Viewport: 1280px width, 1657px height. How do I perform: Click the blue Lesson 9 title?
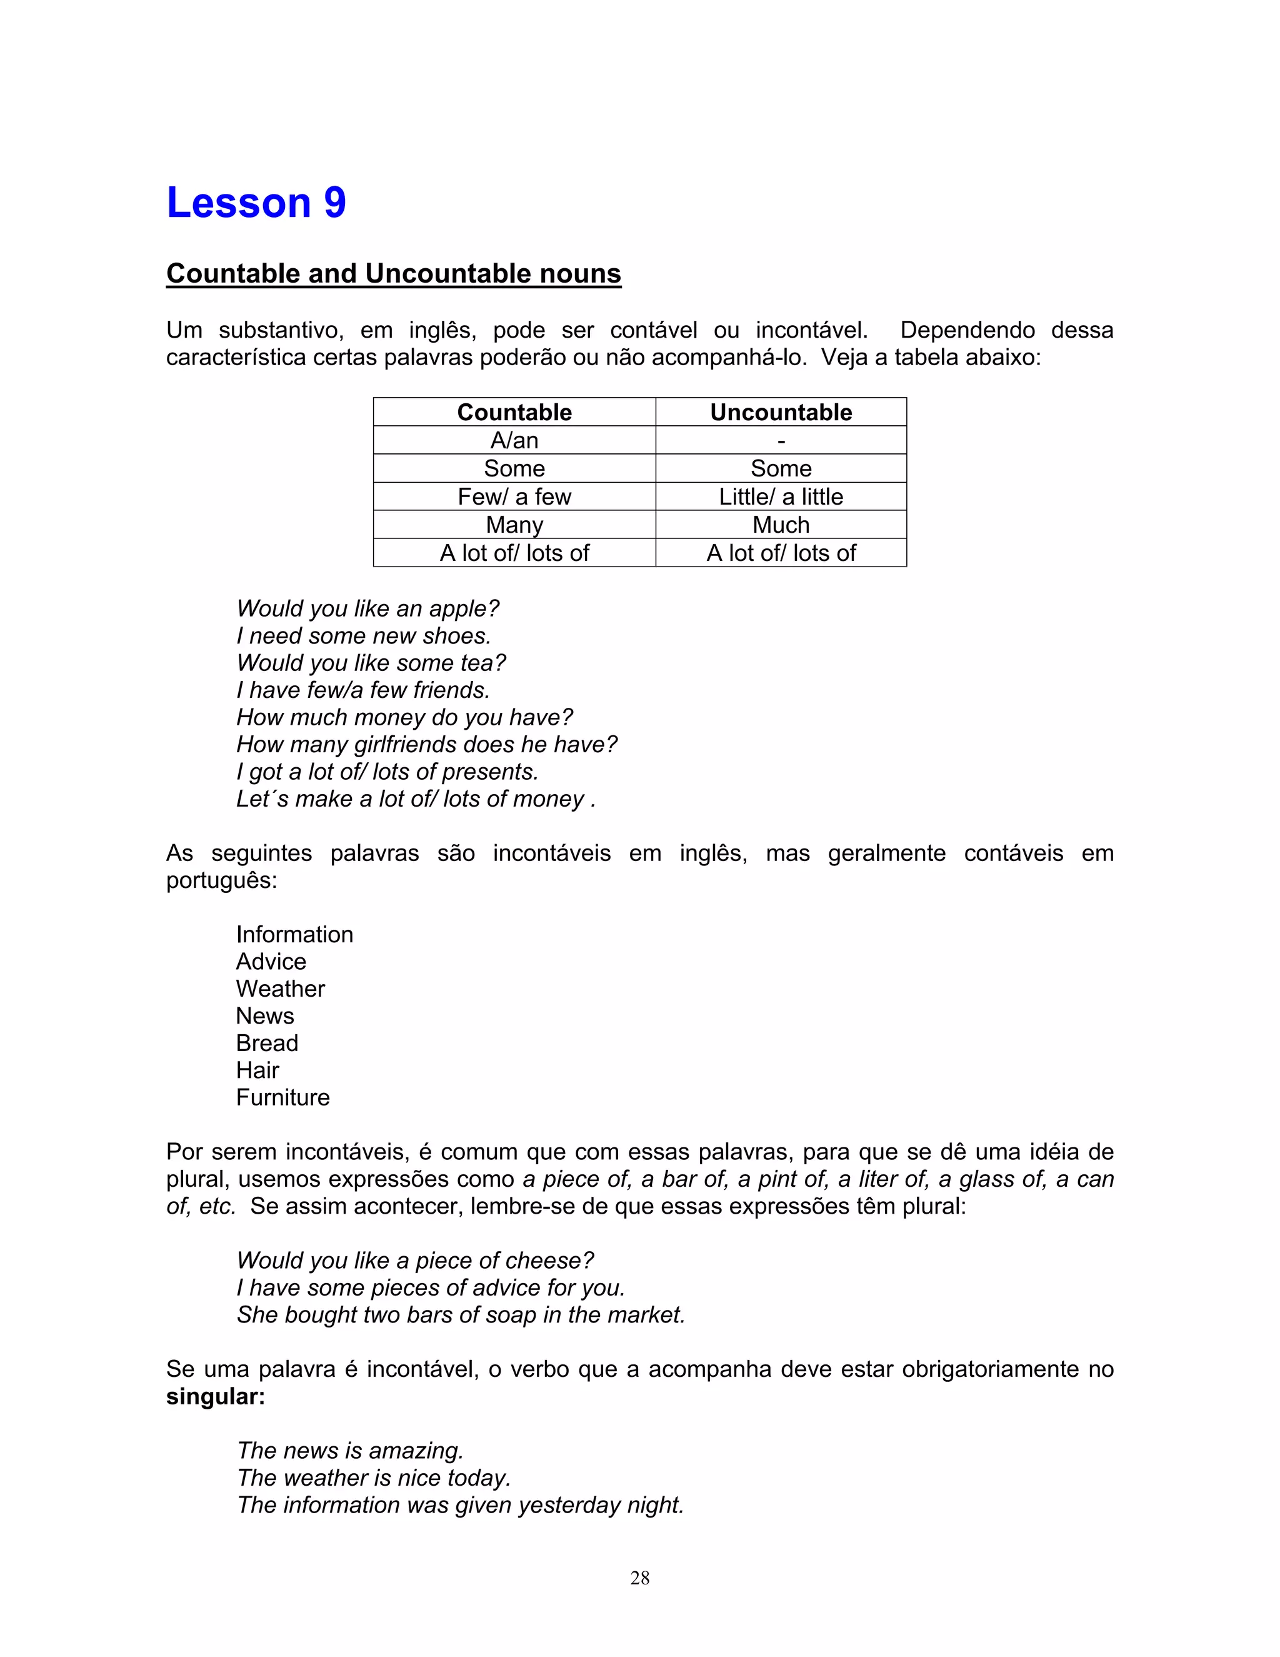coord(256,203)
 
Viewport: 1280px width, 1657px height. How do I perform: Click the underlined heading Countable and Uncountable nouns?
coord(394,273)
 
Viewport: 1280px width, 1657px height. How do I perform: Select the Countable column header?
coord(514,412)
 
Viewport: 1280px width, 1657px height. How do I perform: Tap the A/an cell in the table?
coord(514,440)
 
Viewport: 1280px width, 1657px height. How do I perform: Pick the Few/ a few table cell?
coord(514,496)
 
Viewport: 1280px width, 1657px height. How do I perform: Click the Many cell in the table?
coord(514,524)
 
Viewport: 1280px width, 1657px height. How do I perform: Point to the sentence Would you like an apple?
coord(367,608)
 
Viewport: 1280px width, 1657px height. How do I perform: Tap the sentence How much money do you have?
coord(404,717)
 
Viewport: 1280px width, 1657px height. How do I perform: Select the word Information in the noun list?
coord(294,934)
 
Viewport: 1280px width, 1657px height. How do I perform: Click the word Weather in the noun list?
coord(280,989)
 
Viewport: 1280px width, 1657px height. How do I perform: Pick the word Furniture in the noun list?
coord(283,1097)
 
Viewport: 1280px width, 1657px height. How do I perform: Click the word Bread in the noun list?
coord(267,1043)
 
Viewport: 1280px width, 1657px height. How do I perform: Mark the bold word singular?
coord(216,1396)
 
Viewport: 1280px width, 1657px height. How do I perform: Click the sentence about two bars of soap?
coord(460,1314)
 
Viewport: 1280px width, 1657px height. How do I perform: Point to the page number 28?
coord(639,1578)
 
